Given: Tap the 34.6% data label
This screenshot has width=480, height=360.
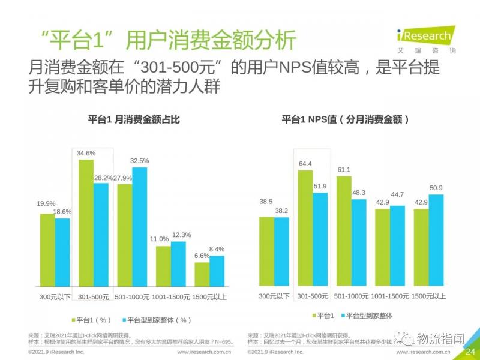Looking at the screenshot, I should (86, 154).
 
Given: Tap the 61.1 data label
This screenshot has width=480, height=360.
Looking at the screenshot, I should (343, 170).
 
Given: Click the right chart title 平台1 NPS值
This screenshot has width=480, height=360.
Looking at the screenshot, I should (346, 119).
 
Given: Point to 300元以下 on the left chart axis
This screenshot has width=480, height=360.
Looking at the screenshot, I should (55, 296).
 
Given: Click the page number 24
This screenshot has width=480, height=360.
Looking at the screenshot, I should (470, 351).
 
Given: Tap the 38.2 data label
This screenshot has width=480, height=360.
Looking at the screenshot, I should (282, 211).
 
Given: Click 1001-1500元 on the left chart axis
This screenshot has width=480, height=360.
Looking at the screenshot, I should (171, 296).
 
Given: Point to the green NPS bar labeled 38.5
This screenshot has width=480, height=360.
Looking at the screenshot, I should (266, 250).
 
